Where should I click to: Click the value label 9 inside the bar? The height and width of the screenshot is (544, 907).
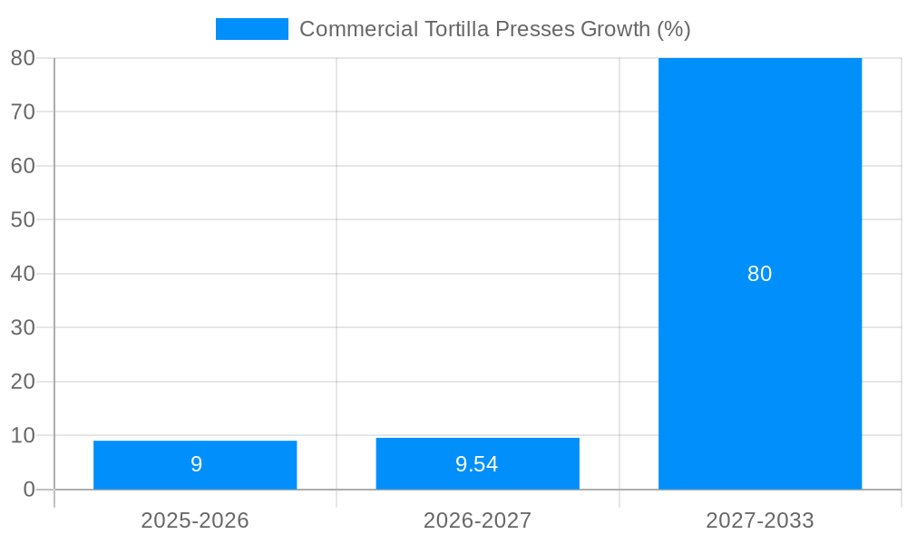click(196, 464)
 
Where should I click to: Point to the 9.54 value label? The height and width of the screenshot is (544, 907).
click(477, 464)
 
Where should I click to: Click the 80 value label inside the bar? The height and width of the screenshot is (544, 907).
click(760, 274)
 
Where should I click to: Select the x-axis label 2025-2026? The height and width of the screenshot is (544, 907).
click(195, 520)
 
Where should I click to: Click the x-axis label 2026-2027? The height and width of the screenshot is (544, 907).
click(477, 520)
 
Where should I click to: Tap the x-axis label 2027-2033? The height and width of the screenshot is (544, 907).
click(760, 520)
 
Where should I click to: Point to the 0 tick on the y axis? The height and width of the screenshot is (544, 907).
click(28, 490)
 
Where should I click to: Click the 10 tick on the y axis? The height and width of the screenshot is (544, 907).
click(23, 435)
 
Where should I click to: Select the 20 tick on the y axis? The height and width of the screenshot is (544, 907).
click(23, 382)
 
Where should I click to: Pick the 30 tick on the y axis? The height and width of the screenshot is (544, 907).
click(23, 327)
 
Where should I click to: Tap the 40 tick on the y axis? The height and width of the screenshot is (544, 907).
click(23, 274)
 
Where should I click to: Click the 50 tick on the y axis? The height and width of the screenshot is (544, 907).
click(23, 219)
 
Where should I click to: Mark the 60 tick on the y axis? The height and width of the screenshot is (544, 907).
click(23, 166)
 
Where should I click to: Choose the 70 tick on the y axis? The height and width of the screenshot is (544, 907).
click(23, 112)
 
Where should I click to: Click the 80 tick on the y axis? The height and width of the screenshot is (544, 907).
click(23, 58)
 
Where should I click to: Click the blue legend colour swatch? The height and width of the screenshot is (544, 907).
click(251, 29)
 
